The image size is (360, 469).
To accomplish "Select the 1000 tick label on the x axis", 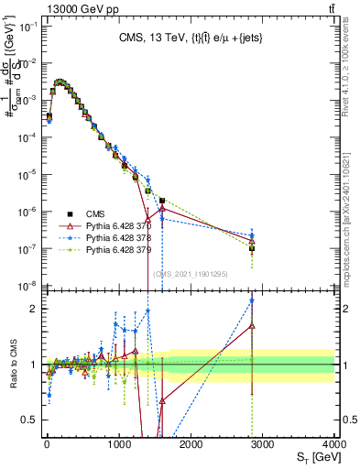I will [118, 443].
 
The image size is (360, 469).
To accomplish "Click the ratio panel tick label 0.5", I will [28, 420].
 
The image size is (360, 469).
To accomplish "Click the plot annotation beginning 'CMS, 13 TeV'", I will [190, 39].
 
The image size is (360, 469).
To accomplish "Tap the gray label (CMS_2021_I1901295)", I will [190, 273].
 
